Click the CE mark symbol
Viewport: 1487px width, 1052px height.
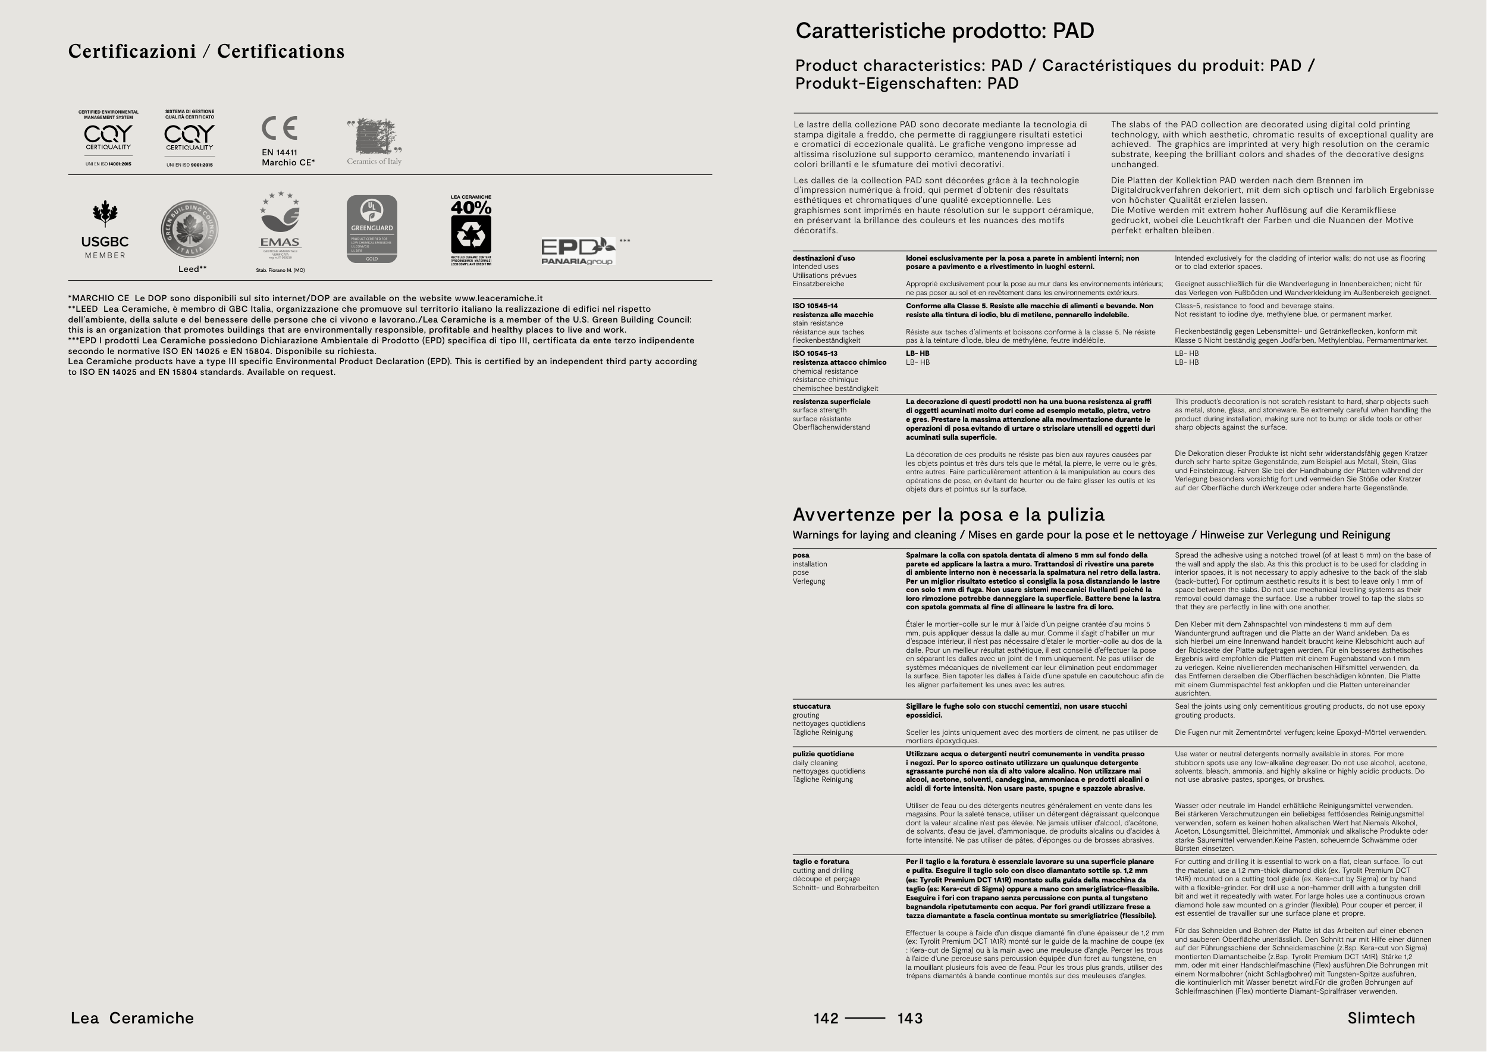pyautogui.click(x=279, y=129)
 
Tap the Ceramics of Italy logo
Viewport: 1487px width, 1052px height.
pyautogui.click(x=374, y=141)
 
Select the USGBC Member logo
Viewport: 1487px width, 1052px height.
pyautogui.click(x=105, y=230)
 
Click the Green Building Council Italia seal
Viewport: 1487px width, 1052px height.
pyautogui.click(x=189, y=229)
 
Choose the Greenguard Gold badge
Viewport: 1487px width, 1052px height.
pyautogui.click(x=372, y=229)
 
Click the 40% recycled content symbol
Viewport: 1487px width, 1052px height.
pyautogui.click(x=471, y=230)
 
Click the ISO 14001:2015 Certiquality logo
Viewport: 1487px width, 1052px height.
pyautogui.click(x=108, y=138)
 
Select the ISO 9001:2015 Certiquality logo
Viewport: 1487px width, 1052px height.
pyautogui.click(x=189, y=138)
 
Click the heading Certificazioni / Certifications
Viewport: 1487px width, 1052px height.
pyautogui.click(x=206, y=52)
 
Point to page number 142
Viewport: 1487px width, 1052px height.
pyautogui.click(x=826, y=1018)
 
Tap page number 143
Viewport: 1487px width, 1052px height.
pyautogui.click(x=910, y=1018)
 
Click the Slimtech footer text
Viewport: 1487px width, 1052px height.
pyautogui.click(x=1381, y=1018)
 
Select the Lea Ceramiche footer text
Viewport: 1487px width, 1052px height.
pyautogui.click(x=132, y=1018)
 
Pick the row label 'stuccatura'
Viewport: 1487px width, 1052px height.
pyautogui.click(x=811, y=706)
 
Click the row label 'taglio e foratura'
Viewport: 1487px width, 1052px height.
pyautogui.click(x=821, y=862)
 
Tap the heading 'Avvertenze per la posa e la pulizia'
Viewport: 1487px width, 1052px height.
pyautogui.click(x=948, y=515)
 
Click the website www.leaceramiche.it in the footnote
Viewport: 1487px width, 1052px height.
pyautogui.click(x=498, y=299)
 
